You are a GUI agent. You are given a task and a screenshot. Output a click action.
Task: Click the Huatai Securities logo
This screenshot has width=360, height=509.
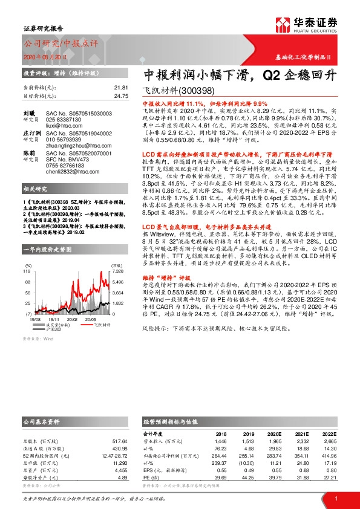(314, 25)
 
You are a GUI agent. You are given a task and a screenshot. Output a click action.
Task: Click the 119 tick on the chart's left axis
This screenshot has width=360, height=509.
(27, 272)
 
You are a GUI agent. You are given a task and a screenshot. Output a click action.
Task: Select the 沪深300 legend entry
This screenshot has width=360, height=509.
(56, 329)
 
